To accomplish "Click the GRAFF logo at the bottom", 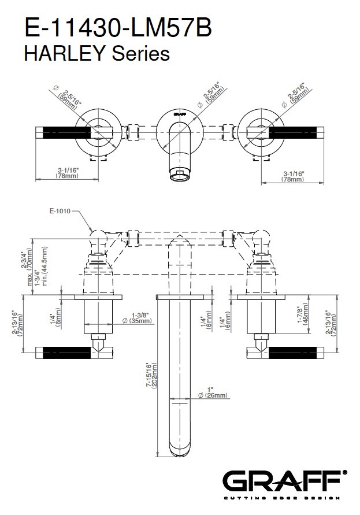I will pyautogui.click(x=284, y=482).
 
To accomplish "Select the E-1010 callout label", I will pyautogui.click(x=60, y=211).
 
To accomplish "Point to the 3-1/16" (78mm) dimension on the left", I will pyautogui.click(x=68, y=173).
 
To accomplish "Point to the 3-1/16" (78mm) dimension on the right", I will pyautogui.click(x=292, y=176).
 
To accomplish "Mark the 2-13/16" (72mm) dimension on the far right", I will pyautogui.click(x=335, y=324).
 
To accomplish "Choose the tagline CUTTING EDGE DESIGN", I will pyautogui.click(x=284, y=497).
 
